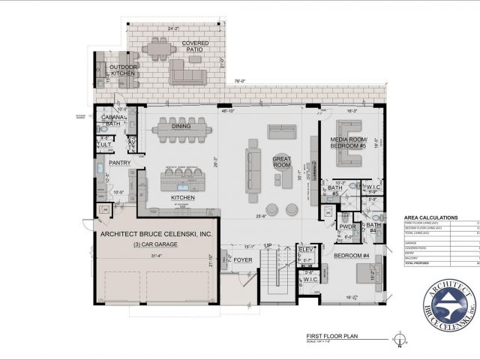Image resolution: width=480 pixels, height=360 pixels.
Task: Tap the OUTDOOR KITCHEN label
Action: (x=124, y=70)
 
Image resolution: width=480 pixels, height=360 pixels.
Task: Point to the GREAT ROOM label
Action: (x=282, y=162)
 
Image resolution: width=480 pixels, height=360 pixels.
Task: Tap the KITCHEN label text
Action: (x=182, y=197)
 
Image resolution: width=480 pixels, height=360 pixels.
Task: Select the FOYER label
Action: (x=242, y=260)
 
